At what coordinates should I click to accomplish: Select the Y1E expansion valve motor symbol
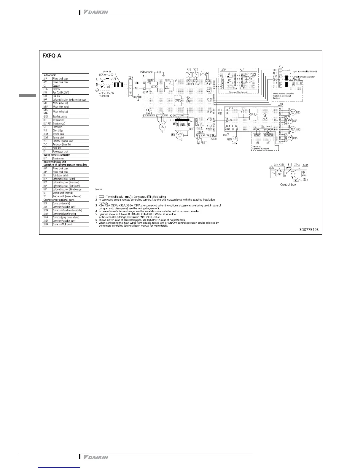pyautogui.click(x=162, y=126)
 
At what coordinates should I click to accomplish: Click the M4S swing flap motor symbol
pyautogui.click(x=293, y=112)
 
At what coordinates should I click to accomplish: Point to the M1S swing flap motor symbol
pyautogui.click(x=293, y=138)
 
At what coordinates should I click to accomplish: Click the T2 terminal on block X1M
pyautogui.click(x=280, y=70)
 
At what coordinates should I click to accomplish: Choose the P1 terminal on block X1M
pyautogui.click(x=280, y=86)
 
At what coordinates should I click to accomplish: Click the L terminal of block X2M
pyautogui.click(x=130, y=83)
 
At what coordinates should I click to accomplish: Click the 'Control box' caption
pyautogui.click(x=288, y=184)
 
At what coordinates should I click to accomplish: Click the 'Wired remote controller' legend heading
pyautogui.click(x=57, y=155)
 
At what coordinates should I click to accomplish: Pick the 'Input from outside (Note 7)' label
pyautogui.click(x=305, y=72)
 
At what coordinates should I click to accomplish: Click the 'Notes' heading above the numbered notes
pyautogui.click(x=99, y=189)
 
